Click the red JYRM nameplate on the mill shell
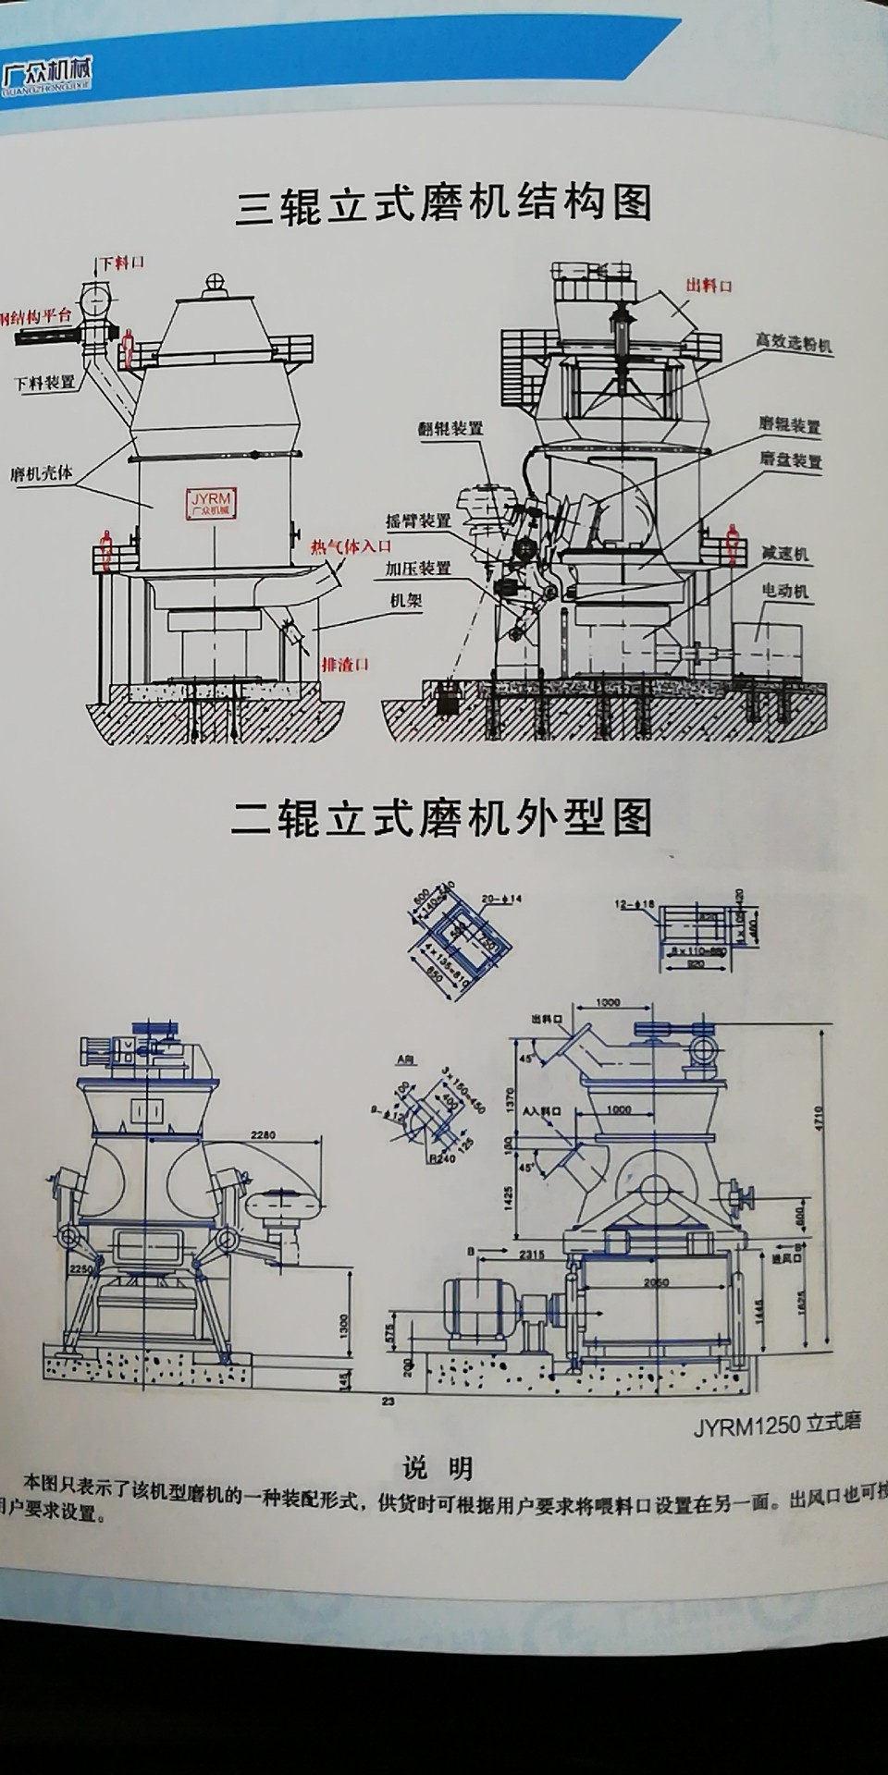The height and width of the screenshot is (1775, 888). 211,504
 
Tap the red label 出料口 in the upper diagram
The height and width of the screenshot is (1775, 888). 709,285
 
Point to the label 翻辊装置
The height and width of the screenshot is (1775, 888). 450,429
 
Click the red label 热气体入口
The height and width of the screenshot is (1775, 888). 351,546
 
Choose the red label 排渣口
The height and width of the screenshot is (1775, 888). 345,664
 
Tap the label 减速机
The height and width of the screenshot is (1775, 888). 785,554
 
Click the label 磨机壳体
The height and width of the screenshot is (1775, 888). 42,473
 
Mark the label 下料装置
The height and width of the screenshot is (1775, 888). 45,382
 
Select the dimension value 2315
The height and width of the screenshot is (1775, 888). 531,1255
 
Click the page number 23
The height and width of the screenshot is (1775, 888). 388,1402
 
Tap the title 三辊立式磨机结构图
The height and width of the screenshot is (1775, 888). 444,204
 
